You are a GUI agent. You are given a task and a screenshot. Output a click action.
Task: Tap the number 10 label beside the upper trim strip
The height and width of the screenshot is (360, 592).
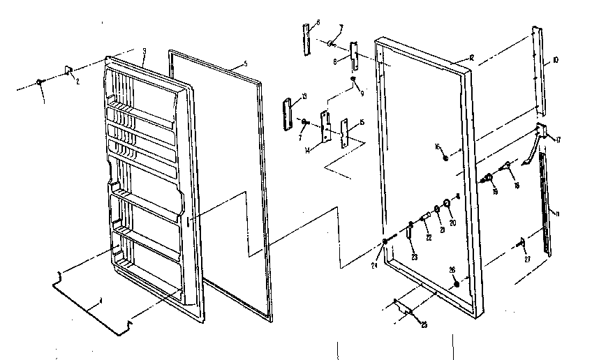coord(555,61)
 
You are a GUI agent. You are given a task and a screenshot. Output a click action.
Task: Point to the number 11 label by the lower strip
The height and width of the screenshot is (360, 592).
coord(555,211)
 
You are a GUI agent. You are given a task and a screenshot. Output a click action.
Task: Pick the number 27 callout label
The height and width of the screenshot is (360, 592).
coord(527,260)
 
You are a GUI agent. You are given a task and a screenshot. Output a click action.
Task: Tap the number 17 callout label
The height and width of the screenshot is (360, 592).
coord(557,140)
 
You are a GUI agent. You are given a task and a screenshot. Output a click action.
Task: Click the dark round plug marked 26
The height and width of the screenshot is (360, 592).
coord(455,284)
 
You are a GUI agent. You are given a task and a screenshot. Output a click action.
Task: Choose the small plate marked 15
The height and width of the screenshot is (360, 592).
coord(343,133)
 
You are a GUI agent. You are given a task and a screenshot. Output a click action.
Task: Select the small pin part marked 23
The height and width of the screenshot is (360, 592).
coord(410,230)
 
